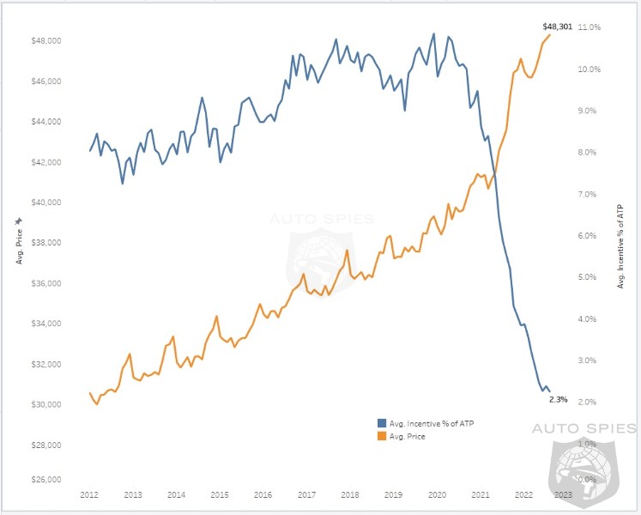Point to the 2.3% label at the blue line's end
(558, 399)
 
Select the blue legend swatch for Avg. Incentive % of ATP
(382, 423)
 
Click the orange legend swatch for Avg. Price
(382, 436)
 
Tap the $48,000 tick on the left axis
(45, 41)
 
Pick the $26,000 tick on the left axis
(45, 479)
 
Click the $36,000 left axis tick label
(45, 283)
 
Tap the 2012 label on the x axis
(89, 495)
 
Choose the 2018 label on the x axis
(350, 495)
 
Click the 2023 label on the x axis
(564, 495)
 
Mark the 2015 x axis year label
(220, 495)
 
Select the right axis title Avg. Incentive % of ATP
(620, 245)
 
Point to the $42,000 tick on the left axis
(45, 162)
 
